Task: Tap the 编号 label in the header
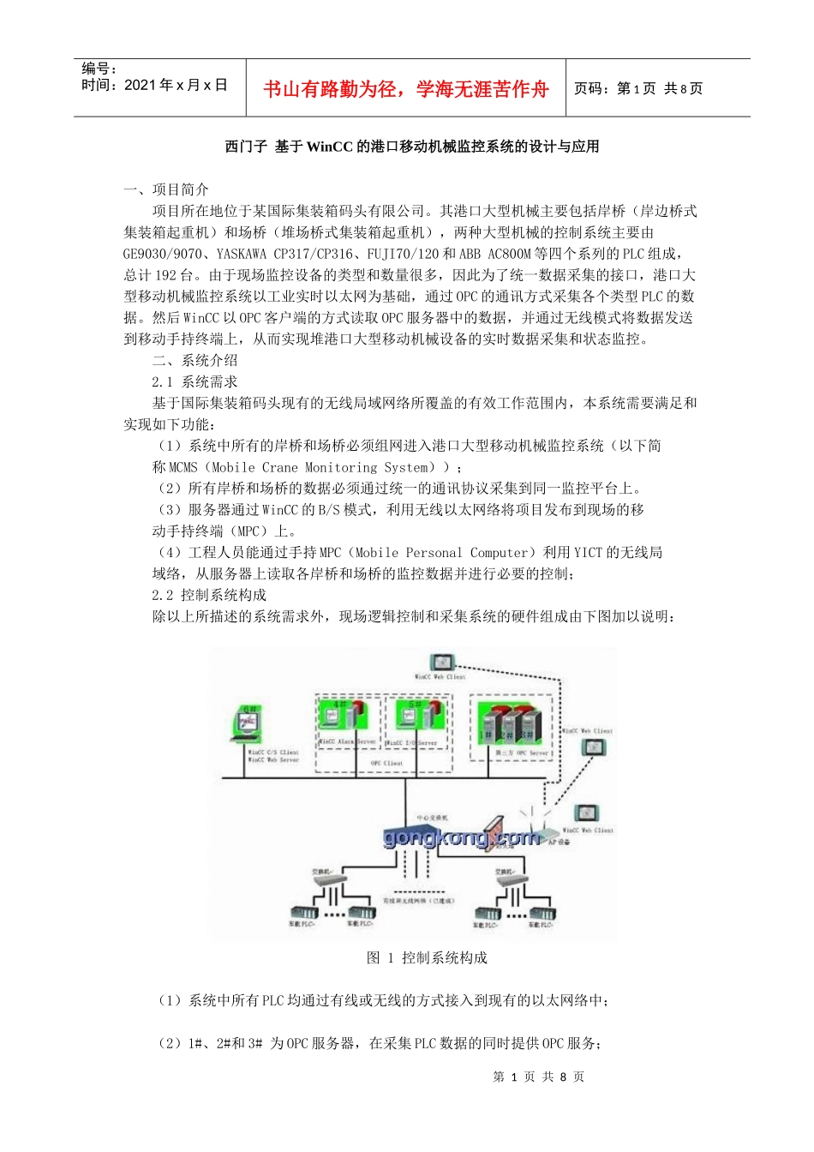(99, 69)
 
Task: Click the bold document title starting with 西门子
(411, 147)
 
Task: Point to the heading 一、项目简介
(166, 189)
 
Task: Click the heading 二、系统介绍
(195, 360)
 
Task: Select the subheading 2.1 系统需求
(195, 381)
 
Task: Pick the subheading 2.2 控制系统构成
(209, 595)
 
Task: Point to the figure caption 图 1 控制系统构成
(427, 957)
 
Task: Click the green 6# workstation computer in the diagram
(248, 724)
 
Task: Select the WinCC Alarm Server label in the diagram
(347, 741)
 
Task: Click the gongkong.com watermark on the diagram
(461, 837)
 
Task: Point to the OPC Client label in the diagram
(386, 763)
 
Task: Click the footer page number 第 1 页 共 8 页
(538, 1077)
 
